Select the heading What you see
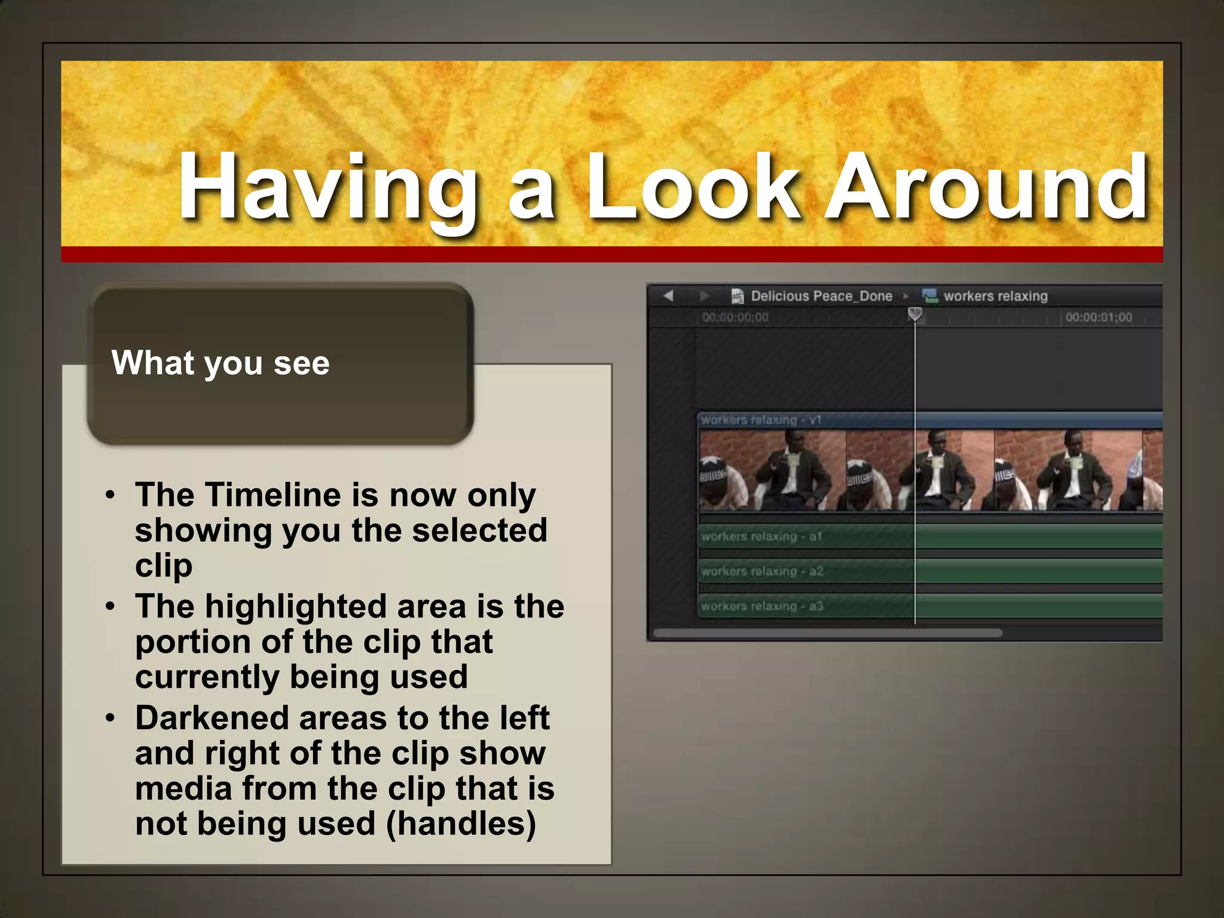pos(220,363)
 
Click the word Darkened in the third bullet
pos(212,718)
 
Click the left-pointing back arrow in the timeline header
pos(668,295)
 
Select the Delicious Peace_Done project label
pos(821,296)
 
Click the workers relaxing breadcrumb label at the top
pos(995,296)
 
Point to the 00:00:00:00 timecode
pos(735,317)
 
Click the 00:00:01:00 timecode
pos(1098,317)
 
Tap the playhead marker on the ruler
pos(914,314)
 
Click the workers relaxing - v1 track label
pos(761,420)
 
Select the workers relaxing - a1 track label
pos(761,537)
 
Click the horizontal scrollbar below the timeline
pos(828,632)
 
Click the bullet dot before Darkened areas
pos(110,718)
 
